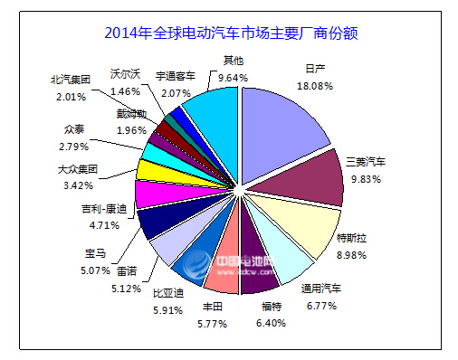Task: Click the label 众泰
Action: coord(76,128)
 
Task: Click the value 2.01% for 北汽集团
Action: coord(71,95)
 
